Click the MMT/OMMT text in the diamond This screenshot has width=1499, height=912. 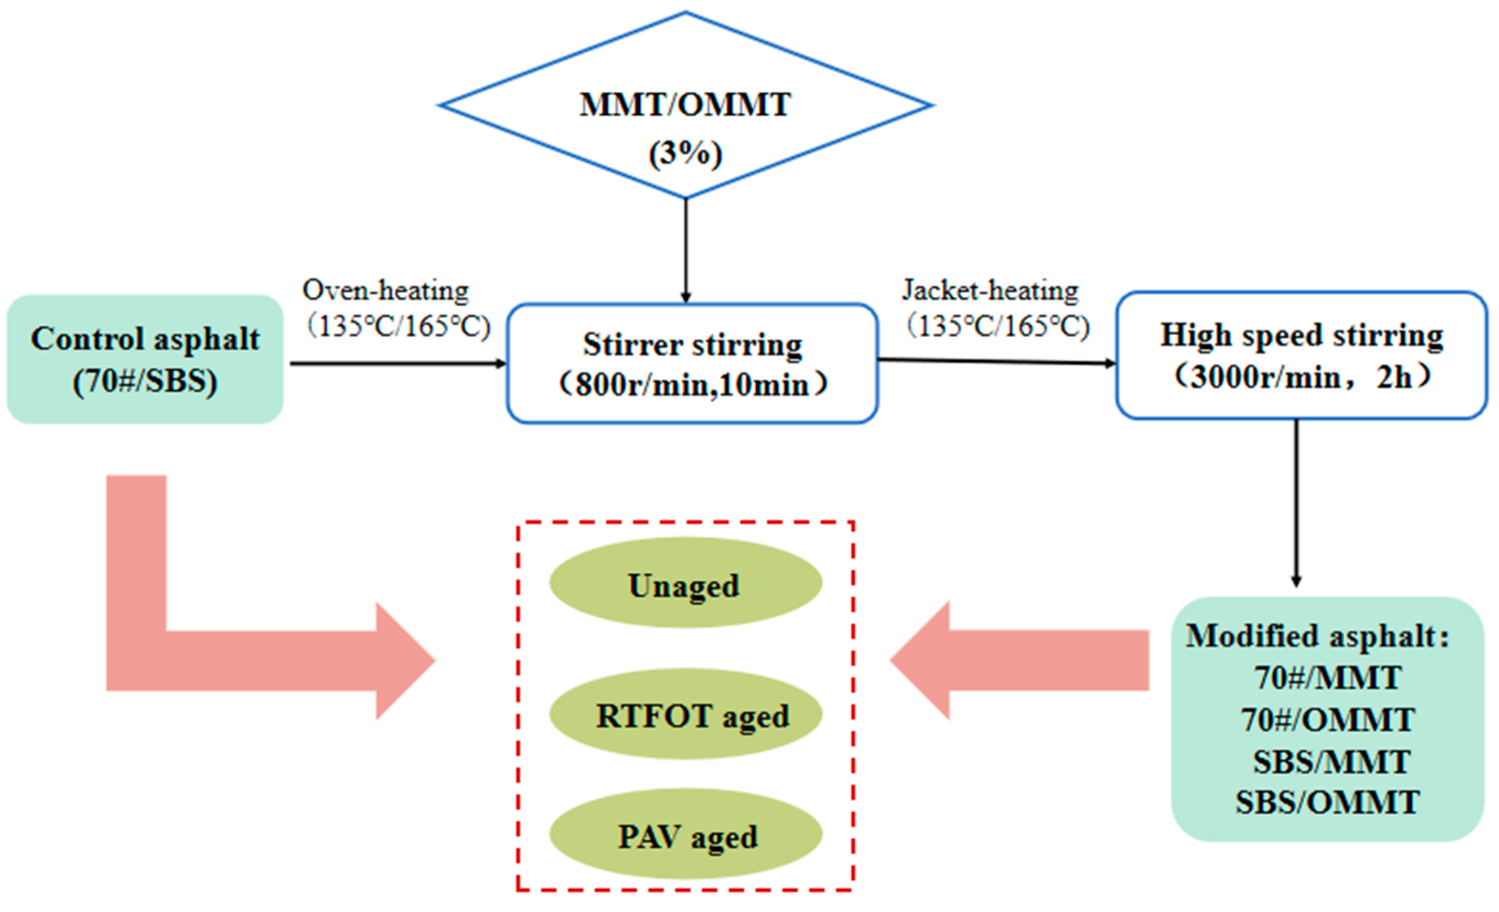[x=685, y=105]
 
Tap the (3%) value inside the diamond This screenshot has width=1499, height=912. [x=685, y=153]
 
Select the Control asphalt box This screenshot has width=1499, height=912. [x=145, y=359]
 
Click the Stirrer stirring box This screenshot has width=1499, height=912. [x=692, y=363]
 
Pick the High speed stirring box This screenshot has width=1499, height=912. [x=1301, y=355]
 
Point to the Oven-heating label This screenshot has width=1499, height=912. [x=386, y=290]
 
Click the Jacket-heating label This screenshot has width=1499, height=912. [x=990, y=290]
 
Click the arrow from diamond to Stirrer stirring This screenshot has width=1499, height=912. [x=686, y=250]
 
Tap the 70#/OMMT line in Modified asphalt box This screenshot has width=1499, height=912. [x=1328, y=720]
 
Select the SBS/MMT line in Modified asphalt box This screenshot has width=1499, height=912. [x=1330, y=762]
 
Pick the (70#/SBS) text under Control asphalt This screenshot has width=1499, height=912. [x=145, y=382]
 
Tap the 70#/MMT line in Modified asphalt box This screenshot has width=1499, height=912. [x=1328, y=678]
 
